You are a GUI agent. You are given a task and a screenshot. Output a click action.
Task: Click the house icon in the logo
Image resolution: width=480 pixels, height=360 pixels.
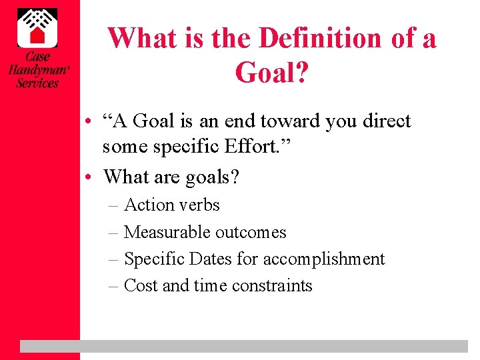click(37, 28)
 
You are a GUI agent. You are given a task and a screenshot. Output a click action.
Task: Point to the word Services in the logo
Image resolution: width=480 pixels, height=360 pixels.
click(37, 83)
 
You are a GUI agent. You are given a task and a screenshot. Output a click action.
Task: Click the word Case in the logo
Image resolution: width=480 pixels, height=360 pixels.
click(37, 57)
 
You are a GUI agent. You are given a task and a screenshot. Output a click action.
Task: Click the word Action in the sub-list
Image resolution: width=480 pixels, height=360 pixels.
click(144, 205)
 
